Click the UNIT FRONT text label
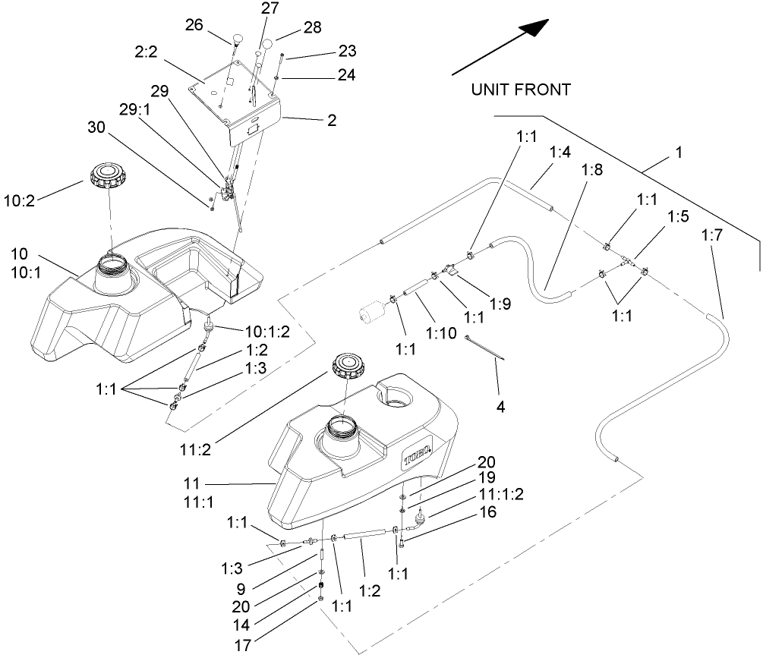point(520,90)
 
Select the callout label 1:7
point(711,236)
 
